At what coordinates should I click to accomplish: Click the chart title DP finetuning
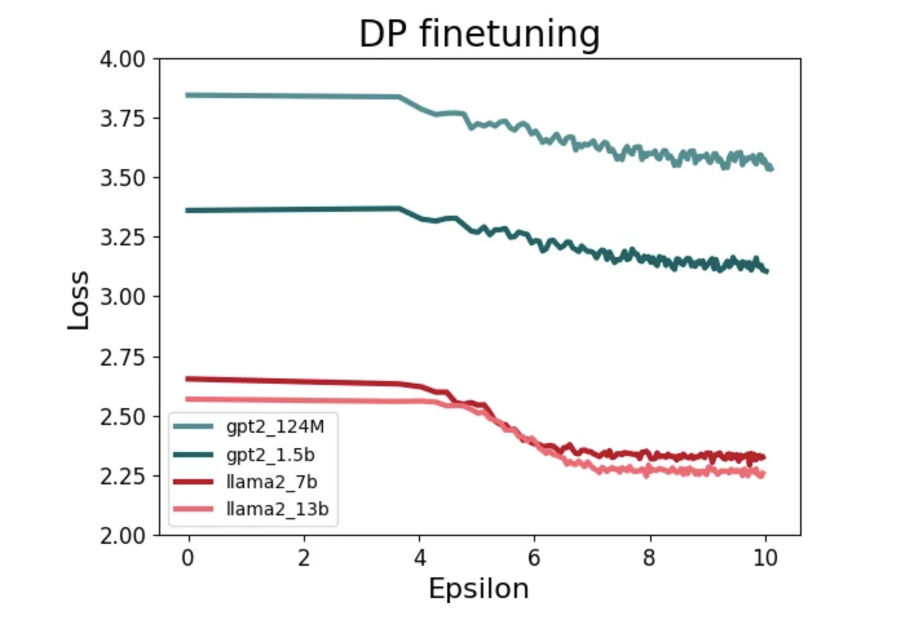click(479, 34)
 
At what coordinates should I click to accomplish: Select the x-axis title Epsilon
click(478, 589)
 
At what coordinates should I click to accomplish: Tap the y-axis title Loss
click(78, 300)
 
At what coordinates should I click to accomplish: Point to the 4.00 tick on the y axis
click(122, 59)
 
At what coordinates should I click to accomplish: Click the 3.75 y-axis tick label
click(122, 119)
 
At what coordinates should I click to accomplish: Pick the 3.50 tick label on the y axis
click(122, 178)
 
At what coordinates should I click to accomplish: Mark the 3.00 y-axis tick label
click(122, 297)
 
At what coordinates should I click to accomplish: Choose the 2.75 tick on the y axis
click(122, 357)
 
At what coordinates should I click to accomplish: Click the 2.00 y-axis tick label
click(122, 535)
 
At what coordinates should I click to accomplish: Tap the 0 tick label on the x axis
click(188, 557)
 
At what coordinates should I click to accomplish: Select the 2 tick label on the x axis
click(304, 557)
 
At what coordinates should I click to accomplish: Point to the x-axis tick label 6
click(534, 557)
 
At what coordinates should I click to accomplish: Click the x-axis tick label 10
click(765, 557)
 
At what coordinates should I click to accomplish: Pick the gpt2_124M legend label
click(275, 426)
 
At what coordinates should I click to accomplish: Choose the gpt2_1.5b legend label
click(270, 455)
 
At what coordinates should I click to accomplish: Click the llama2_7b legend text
click(271, 482)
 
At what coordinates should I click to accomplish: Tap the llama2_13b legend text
click(277, 509)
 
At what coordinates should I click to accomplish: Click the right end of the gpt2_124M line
click(772, 169)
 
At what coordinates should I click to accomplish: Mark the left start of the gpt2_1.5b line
click(187, 211)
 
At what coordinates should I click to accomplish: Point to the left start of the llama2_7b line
click(187, 379)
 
